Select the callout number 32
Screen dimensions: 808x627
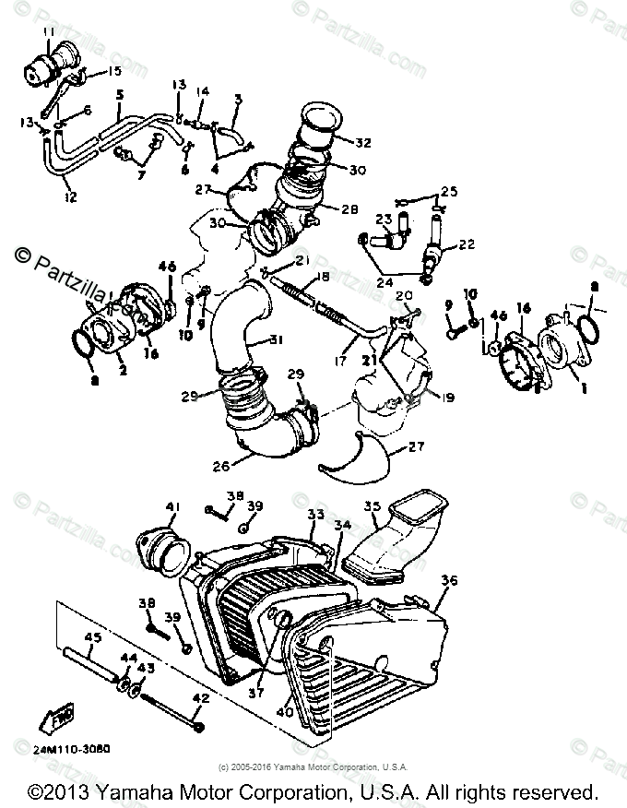click(x=362, y=143)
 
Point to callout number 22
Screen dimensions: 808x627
click(x=467, y=244)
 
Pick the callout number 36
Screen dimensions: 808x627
click(x=450, y=580)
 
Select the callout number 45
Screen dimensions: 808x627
click(x=93, y=636)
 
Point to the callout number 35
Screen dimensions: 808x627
click(x=372, y=506)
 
